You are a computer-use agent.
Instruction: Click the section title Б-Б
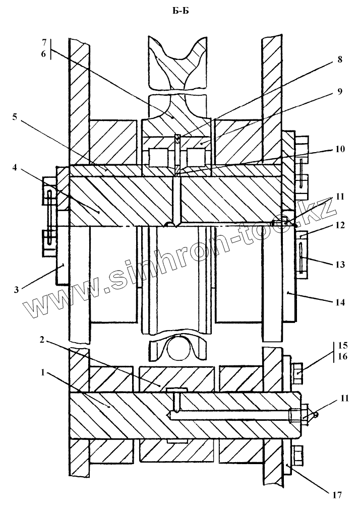[x=181, y=12]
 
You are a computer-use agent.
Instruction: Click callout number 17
[x=338, y=496]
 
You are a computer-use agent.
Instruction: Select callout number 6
[x=44, y=54]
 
